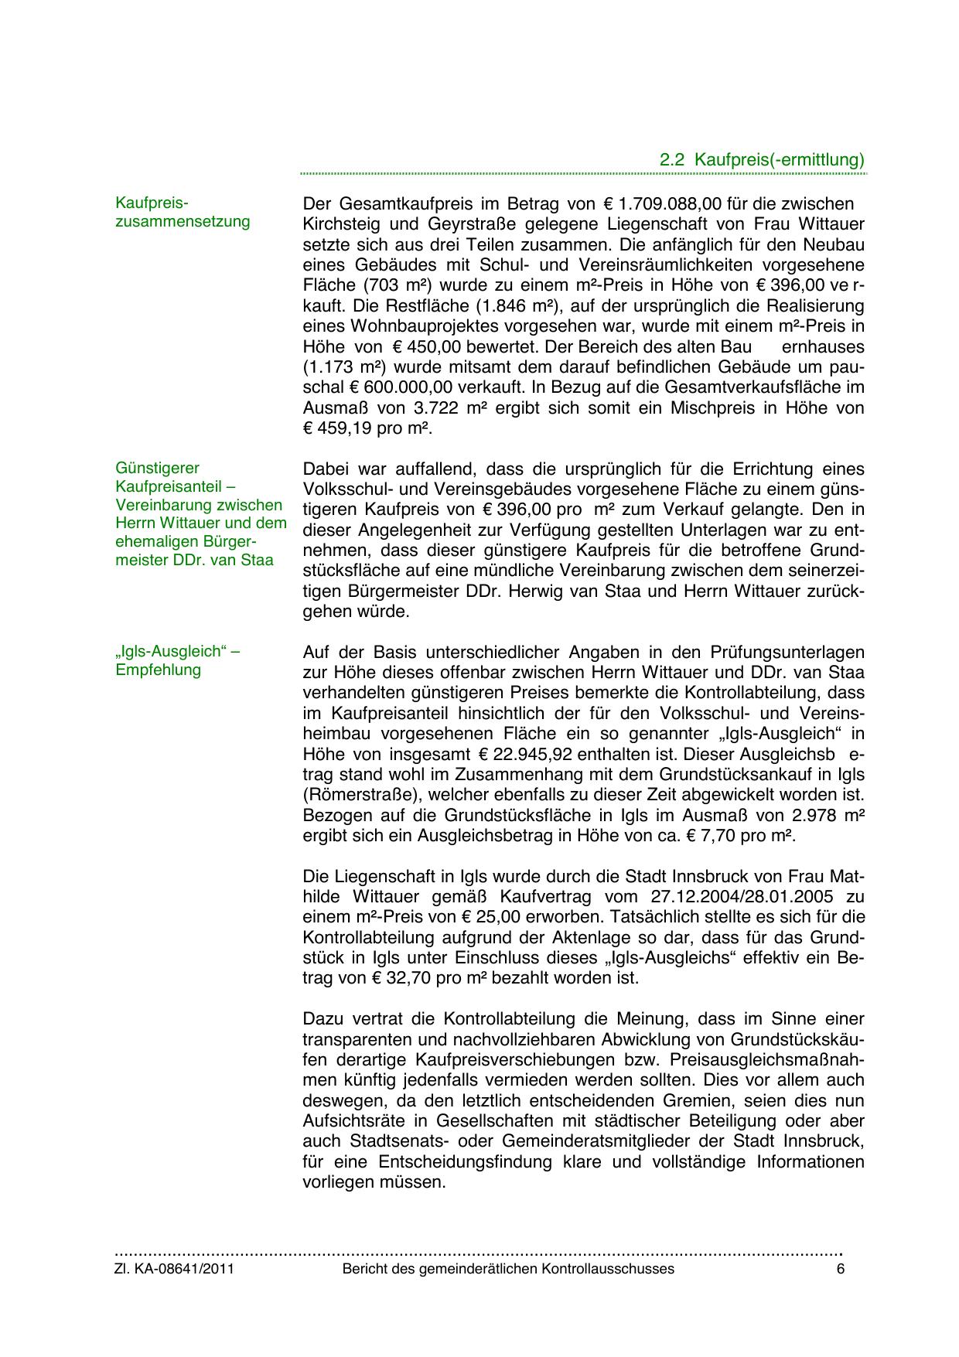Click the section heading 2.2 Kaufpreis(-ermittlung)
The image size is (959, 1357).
pos(761,160)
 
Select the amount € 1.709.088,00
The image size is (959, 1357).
pos(662,204)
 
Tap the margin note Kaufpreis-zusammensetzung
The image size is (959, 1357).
pos(183,212)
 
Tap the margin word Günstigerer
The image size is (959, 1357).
pos(158,468)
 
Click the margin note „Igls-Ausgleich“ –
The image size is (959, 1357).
pos(178,651)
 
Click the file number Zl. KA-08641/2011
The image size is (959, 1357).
pos(175,1269)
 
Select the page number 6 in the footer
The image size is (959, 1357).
pos(841,1269)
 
